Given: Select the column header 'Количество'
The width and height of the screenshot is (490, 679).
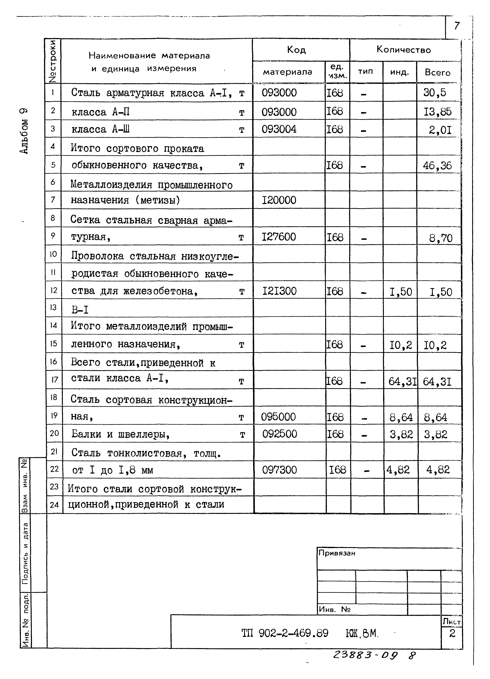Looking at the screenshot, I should pyautogui.click(x=403, y=50).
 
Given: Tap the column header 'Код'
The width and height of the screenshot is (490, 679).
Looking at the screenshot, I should pyautogui.click(x=296, y=50).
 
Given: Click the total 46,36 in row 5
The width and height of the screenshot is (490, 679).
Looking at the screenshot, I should pyautogui.click(x=437, y=165).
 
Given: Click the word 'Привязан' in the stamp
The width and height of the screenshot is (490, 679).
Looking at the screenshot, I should pyautogui.click(x=337, y=553).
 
